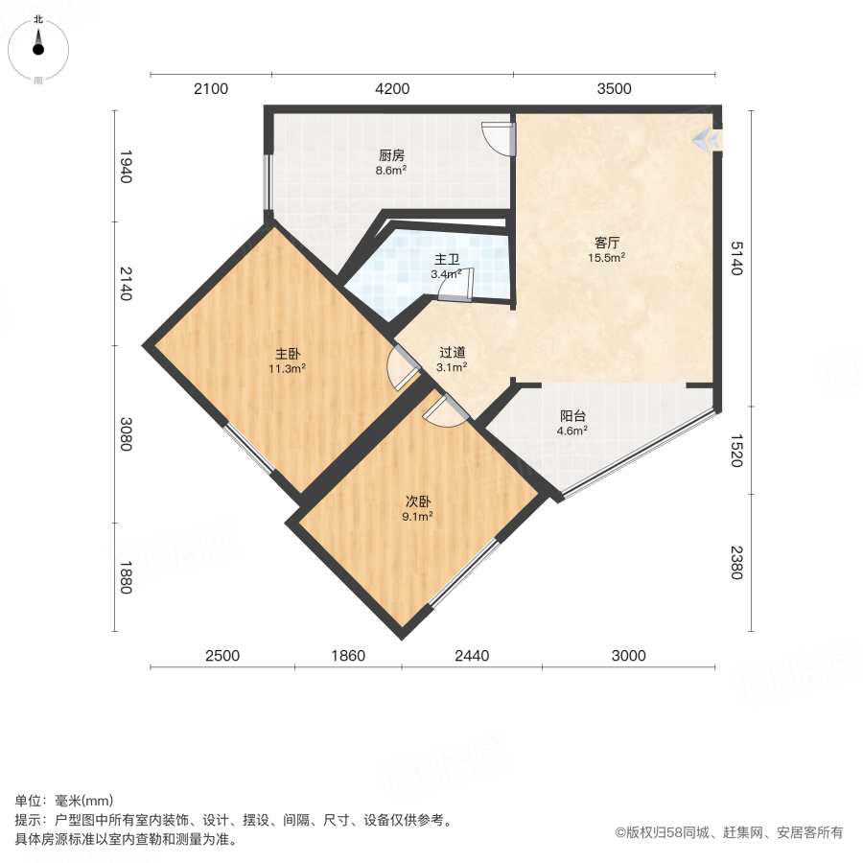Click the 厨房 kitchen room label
(x=391, y=155)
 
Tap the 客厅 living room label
(x=607, y=243)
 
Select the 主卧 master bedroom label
(x=288, y=354)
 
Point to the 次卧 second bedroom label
(x=418, y=501)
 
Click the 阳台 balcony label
(x=572, y=416)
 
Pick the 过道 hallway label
(x=453, y=352)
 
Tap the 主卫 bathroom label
(x=446, y=259)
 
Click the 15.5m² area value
(x=607, y=258)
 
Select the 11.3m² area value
(x=288, y=369)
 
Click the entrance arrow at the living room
(x=706, y=139)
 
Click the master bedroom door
(x=404, y=367)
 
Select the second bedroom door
(x=446, y=410)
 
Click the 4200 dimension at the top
(x=392, y=88)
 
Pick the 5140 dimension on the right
(x=737, y=258)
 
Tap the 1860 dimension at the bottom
(x=348, y=656)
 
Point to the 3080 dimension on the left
(x=126, y=434)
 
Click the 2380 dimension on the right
(x=737, y=563)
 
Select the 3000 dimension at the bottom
(x=628, y=656)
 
